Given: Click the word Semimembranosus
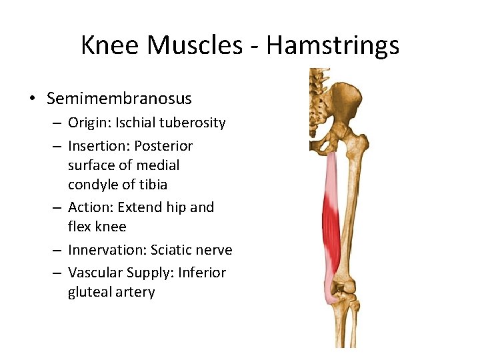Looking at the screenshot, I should click(119, 99).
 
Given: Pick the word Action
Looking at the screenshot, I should click(88, 207).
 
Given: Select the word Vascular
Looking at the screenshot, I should click(96, 273).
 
